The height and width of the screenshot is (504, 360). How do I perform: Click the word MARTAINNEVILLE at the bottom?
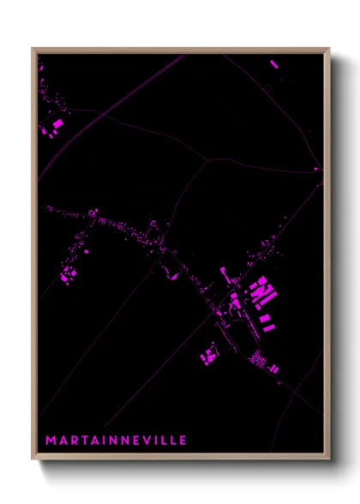(116, 441)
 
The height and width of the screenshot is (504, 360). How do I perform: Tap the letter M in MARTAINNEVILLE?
(50, 441)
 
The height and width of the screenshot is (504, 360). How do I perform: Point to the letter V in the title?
(146, 441)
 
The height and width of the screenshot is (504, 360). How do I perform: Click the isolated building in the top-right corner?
(273, 64)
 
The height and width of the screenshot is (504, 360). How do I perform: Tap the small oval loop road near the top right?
(267, 88)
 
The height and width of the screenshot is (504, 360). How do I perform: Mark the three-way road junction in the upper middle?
(207, 159)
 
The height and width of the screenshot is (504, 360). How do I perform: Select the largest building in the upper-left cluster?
(57, 124)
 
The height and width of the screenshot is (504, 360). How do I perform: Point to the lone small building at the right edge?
(315, 169)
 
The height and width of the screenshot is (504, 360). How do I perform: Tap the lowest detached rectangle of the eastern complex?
(267, 327)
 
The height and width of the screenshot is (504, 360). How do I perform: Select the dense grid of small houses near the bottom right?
(256, 358)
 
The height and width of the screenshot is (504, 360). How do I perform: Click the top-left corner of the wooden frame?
(33, 49)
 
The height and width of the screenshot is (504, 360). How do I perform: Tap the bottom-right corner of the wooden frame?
(329, 459)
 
